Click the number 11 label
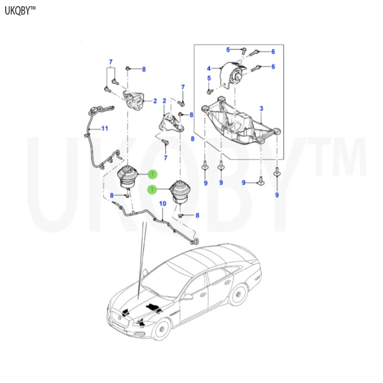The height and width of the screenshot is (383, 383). (x=104, y=128)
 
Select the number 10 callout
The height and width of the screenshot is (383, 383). (x=162, y=204)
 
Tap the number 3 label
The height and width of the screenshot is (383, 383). (x=261, y=109)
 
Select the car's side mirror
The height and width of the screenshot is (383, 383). (x=189, y=297)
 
